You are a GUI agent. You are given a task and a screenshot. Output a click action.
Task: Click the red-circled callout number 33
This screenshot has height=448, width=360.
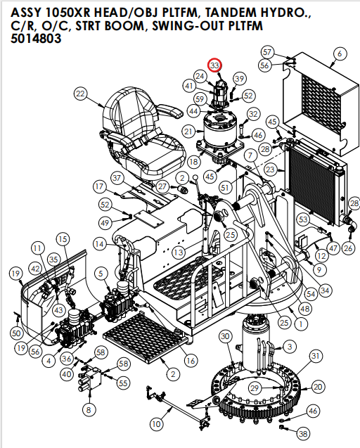215,65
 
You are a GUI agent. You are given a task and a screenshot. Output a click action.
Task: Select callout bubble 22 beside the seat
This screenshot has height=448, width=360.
80,94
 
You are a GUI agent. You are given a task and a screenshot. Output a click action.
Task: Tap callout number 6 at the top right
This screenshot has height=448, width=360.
340,53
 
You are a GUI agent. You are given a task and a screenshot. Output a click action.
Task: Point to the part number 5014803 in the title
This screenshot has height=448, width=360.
36,39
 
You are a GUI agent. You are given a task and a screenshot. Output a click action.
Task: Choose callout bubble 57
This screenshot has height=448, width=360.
267,52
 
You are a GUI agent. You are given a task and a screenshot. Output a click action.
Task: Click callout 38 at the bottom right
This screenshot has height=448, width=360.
302,433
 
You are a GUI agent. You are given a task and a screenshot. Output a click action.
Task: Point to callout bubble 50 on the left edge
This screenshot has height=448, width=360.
17,333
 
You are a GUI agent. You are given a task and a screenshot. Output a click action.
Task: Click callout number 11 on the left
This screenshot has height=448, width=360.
37,248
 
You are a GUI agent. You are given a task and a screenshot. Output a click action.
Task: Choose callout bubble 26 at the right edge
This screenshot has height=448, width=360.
347,248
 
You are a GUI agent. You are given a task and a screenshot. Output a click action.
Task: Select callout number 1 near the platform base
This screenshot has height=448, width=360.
301,324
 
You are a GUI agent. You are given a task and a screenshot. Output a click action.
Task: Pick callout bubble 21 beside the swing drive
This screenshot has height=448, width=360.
188,131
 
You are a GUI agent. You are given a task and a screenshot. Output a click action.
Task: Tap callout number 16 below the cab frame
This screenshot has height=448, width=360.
190,360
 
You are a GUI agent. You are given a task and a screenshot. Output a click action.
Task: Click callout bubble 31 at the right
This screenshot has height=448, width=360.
316,357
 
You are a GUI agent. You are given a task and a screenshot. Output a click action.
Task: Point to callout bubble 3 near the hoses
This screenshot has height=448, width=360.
289,346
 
